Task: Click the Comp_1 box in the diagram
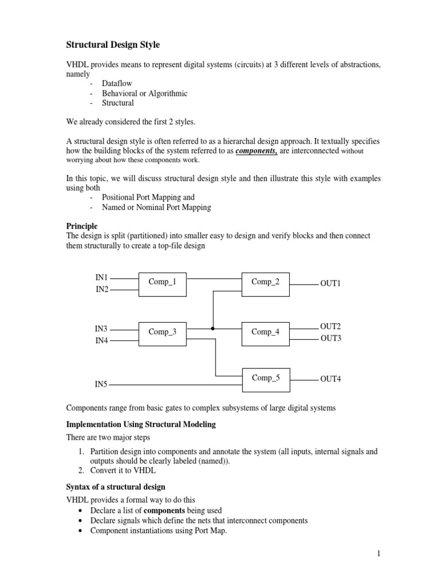coord(163,282)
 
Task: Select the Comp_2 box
coord(265,282)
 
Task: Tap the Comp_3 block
coord(163,332)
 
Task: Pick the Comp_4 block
coord(265,332)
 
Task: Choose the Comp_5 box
coord(265,378)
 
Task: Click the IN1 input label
coord(102,278)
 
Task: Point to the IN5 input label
coord(102,384)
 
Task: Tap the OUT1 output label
coord(330,283)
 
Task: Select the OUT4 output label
coord(330,379)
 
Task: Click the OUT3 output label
coord(330,338)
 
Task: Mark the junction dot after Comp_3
coord(213,328)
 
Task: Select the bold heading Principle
coord(82,226)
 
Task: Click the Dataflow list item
coord(117,83)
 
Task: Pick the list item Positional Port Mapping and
coord(148,197)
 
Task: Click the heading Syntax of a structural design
coord(116,486)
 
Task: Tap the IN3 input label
coord(102,328)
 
